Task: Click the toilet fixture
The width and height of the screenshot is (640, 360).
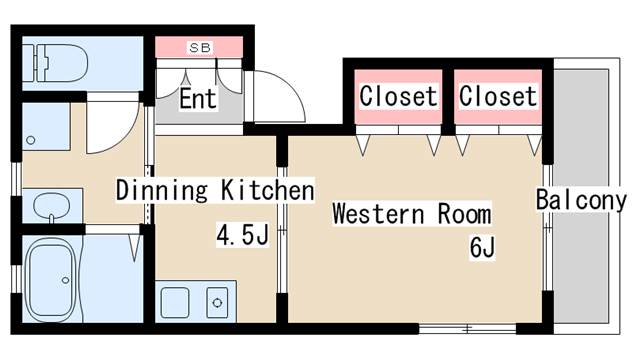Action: [55, 63]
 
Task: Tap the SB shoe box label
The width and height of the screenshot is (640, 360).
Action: [200, 48]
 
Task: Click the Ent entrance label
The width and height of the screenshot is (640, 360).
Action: [198, 98]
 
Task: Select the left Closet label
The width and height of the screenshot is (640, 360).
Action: [398, 96]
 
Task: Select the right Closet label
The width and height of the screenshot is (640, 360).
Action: [498, 96]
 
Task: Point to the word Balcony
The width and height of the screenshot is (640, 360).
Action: [581, 200]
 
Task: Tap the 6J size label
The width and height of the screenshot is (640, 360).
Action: [482, 248]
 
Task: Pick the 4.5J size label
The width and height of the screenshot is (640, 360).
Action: [242, 235]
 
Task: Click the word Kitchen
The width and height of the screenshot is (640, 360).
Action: [268, 190]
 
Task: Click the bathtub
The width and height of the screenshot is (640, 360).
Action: [51, 279]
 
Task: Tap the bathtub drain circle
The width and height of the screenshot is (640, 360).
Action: [65, 280]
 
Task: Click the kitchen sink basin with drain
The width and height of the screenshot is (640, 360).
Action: [217, 302]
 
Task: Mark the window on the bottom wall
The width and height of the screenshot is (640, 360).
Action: [467, 328]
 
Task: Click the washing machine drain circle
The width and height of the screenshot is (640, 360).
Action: [31, 140]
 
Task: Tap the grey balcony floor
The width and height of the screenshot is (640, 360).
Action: [581, 197]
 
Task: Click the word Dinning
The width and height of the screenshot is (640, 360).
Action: [162, 190]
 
